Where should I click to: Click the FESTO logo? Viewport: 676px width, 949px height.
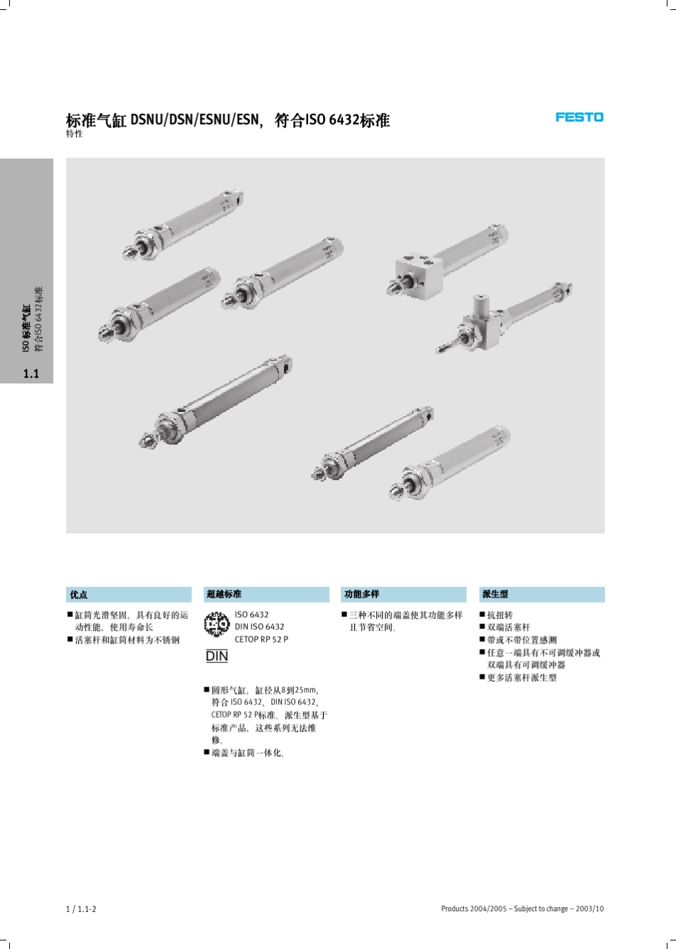[579, 117]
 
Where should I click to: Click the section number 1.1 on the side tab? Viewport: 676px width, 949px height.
[31, 373]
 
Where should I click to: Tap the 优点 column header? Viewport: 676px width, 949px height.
[79, 595]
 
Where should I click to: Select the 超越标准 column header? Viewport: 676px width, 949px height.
[223, 595]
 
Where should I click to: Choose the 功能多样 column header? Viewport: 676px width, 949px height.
[361, 595]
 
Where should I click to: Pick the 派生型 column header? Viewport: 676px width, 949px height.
[495, 595]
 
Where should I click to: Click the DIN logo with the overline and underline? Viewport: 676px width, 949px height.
[216, 656]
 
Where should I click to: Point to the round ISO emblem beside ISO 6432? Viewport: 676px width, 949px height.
[216, 625]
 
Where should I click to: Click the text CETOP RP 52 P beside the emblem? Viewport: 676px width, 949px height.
[261, 640]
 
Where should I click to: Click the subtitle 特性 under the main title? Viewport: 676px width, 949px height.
[74, 134]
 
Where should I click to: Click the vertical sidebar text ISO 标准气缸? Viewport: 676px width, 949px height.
[26, 328]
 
